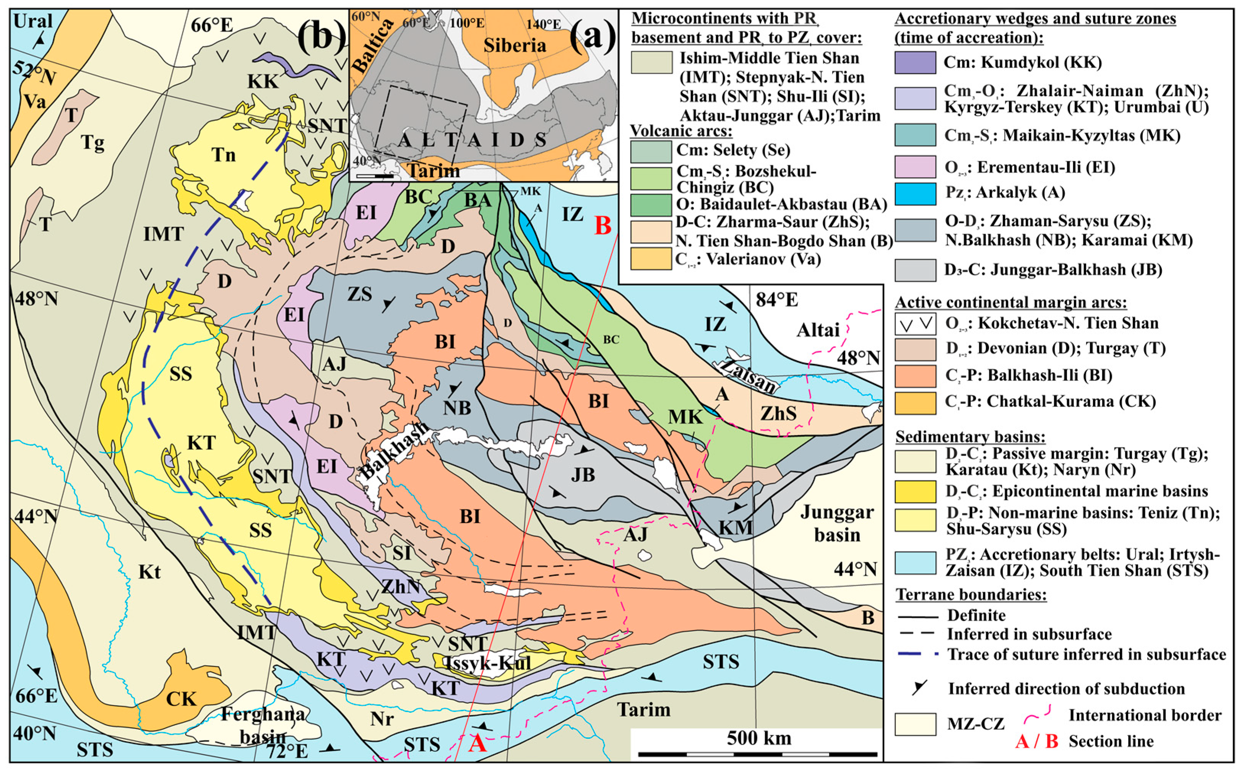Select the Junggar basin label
(x=837, y=523)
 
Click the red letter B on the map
(x=603, y=225)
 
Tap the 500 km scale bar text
(x=758, y=737)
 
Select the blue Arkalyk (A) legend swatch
(x=915, y=193)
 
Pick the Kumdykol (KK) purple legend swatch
(x=915, y=62)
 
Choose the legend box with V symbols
(x=915, y=323)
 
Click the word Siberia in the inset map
(x=514, y=46)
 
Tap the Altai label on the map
(x=818, y=330)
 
